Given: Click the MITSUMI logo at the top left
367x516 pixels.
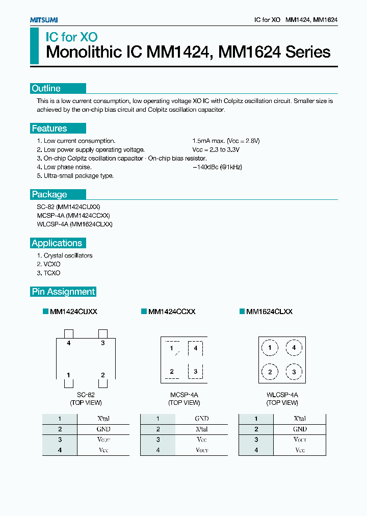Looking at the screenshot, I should (x=43, y=19).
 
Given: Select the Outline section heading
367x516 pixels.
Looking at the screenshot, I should (x=46, y=88).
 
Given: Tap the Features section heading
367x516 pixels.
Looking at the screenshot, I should (x=49, y=128).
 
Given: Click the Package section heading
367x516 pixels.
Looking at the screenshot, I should (x=49, y=194).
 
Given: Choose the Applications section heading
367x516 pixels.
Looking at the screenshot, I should (x=57, y=243).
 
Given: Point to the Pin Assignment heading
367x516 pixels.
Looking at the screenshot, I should (x=64, y=292).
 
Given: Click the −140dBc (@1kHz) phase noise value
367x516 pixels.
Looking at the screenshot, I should (x=217, y=167).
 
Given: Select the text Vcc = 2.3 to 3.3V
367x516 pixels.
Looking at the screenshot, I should (x=216, y=149).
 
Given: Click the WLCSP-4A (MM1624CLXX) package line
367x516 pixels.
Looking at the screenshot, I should (x=75, y=224).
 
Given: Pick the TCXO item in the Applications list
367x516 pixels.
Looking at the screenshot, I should (x=48, y=273).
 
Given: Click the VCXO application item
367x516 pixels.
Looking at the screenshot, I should (x=48, y=264).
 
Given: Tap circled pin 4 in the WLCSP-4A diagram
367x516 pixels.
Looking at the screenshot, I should (x=294, y=348).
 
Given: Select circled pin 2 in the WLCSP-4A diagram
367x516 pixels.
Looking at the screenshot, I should (x=270, y=372).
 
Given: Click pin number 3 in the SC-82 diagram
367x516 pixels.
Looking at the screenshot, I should (x=102, y=343).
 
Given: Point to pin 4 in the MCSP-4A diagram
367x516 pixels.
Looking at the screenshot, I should (x=195, y=348).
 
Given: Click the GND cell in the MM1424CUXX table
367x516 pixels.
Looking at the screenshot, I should (x=103, y=429).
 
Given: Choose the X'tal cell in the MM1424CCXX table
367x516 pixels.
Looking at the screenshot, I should (x=202, y=429).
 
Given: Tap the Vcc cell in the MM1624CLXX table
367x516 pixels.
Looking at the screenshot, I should (x=300, y=450).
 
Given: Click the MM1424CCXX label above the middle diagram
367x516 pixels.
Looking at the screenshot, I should (x=171, y=312).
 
